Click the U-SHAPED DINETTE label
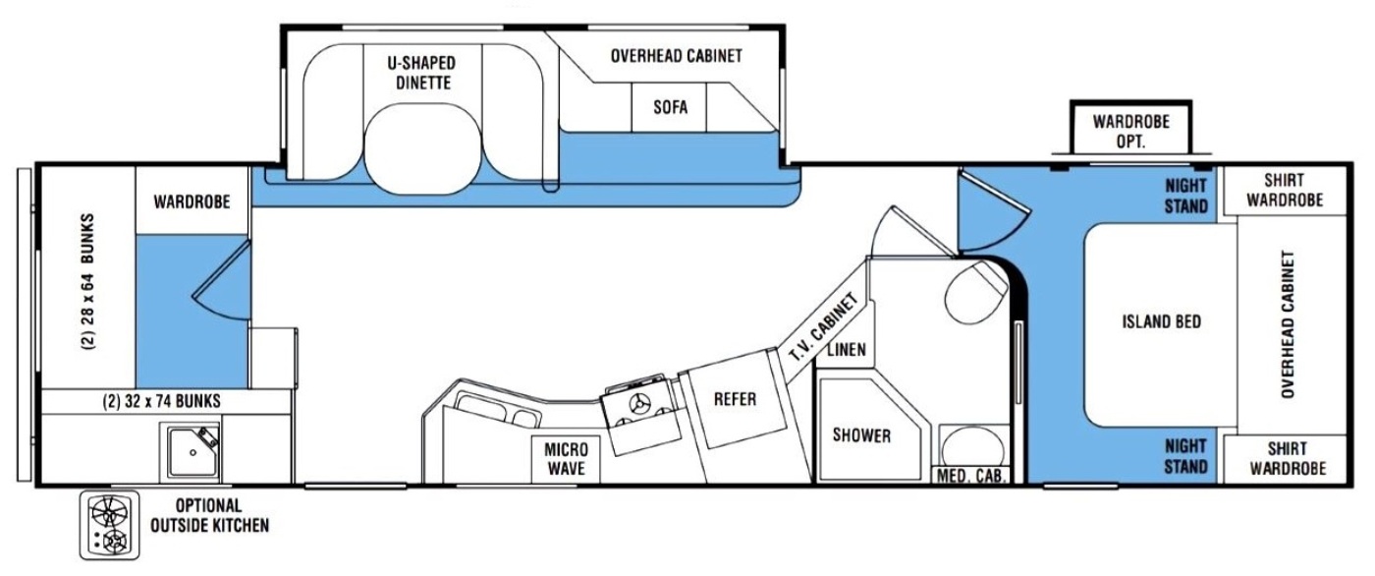click(x=422, y=73)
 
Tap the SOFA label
click(x=670, y=107)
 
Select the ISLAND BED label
click(x=1161, y=321)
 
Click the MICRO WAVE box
click(x=566, y=459)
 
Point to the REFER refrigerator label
click(x=735, y=400)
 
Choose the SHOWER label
click(x=861, y=435)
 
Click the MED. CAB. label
click(x=970, y=476)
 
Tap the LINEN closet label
click(x=847, y=349)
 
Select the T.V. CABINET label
click(x=823, y=327)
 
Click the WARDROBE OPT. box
click(x=1130, y=127)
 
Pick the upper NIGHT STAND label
click(x=1186, y=196)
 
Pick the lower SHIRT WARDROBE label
click(x=1288, y=459)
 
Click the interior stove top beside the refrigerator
click(x=641, y=415)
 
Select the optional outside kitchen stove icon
click(x=109, y=525)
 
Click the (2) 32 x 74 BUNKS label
click(x=161, y=402)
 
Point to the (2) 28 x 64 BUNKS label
click(x=88, y=281)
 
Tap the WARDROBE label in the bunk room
click(x=192, y=202)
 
